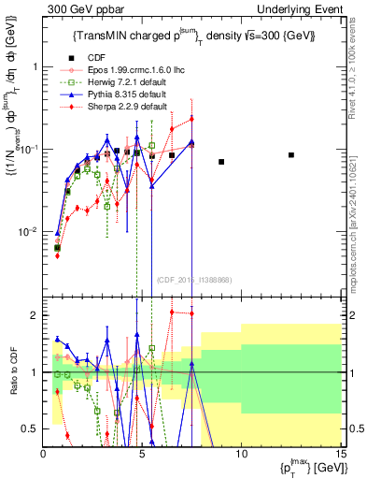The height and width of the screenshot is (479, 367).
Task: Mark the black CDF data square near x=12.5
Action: pyautogui.click(x=291, y=155)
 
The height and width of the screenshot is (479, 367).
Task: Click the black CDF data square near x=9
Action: pyautogui.click(x=221, y=162)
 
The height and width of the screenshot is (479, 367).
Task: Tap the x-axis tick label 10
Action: pyautogui.click(x=241, y=453)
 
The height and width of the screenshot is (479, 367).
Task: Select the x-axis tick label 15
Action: pyautogui.click(x=340, y=453)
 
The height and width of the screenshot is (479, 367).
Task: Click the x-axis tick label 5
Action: pyautogui.click(x=142, y=453)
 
